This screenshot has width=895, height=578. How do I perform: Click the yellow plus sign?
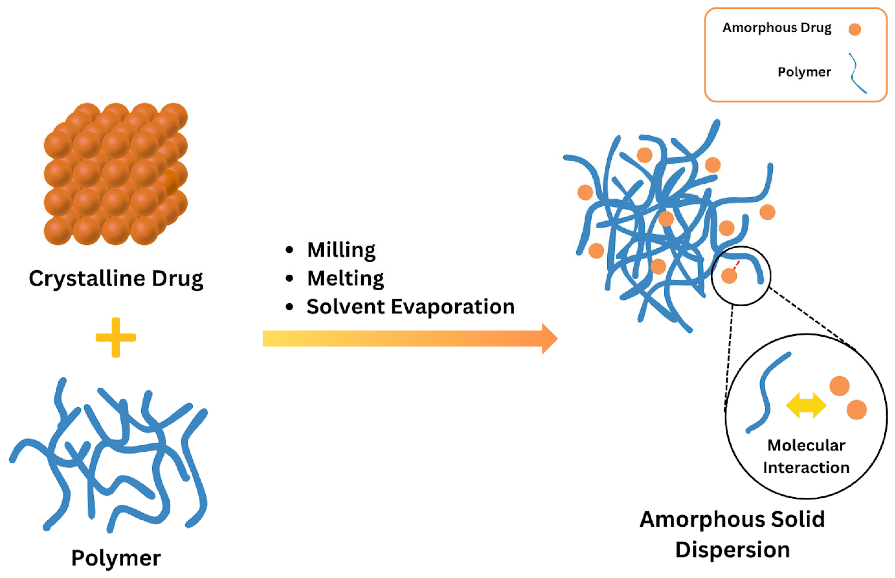tap(115, 338)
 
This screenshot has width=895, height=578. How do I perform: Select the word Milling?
tap(341, 250)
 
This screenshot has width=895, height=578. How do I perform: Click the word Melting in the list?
tap(345, 279)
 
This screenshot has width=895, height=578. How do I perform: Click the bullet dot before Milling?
tap(289, 250)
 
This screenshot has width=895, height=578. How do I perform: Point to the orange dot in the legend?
tap(855, 29)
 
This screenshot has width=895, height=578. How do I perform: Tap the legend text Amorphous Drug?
tap(777, 28)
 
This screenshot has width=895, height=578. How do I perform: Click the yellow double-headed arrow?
tap(806, 405)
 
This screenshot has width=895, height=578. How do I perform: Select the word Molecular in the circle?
tap(806, 446)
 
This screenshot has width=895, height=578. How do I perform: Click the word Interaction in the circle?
tap(806, 468)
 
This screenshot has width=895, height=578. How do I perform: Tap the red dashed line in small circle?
tap(737, 265)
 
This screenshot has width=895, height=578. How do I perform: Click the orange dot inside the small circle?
tap(729, 276)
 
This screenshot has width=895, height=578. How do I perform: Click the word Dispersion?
tap(733, 550)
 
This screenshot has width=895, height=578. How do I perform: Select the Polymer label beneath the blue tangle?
tap(116, 558)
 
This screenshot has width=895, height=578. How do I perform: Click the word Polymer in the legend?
tap(804, 72)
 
